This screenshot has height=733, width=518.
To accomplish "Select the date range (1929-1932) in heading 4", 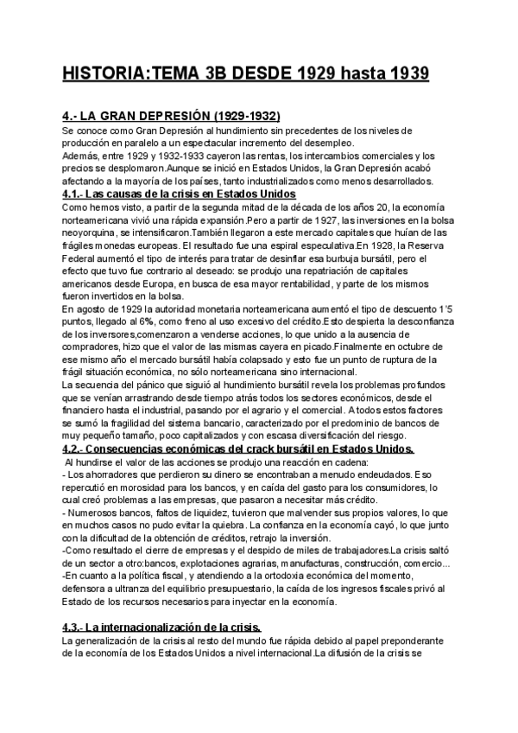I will pyautogui.click(x=238, y=116).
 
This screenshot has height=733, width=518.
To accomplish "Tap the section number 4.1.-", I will pyautogui.click(x=79, y=194).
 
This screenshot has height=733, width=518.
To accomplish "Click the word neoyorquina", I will pyautogui.click(x=94, y=233).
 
